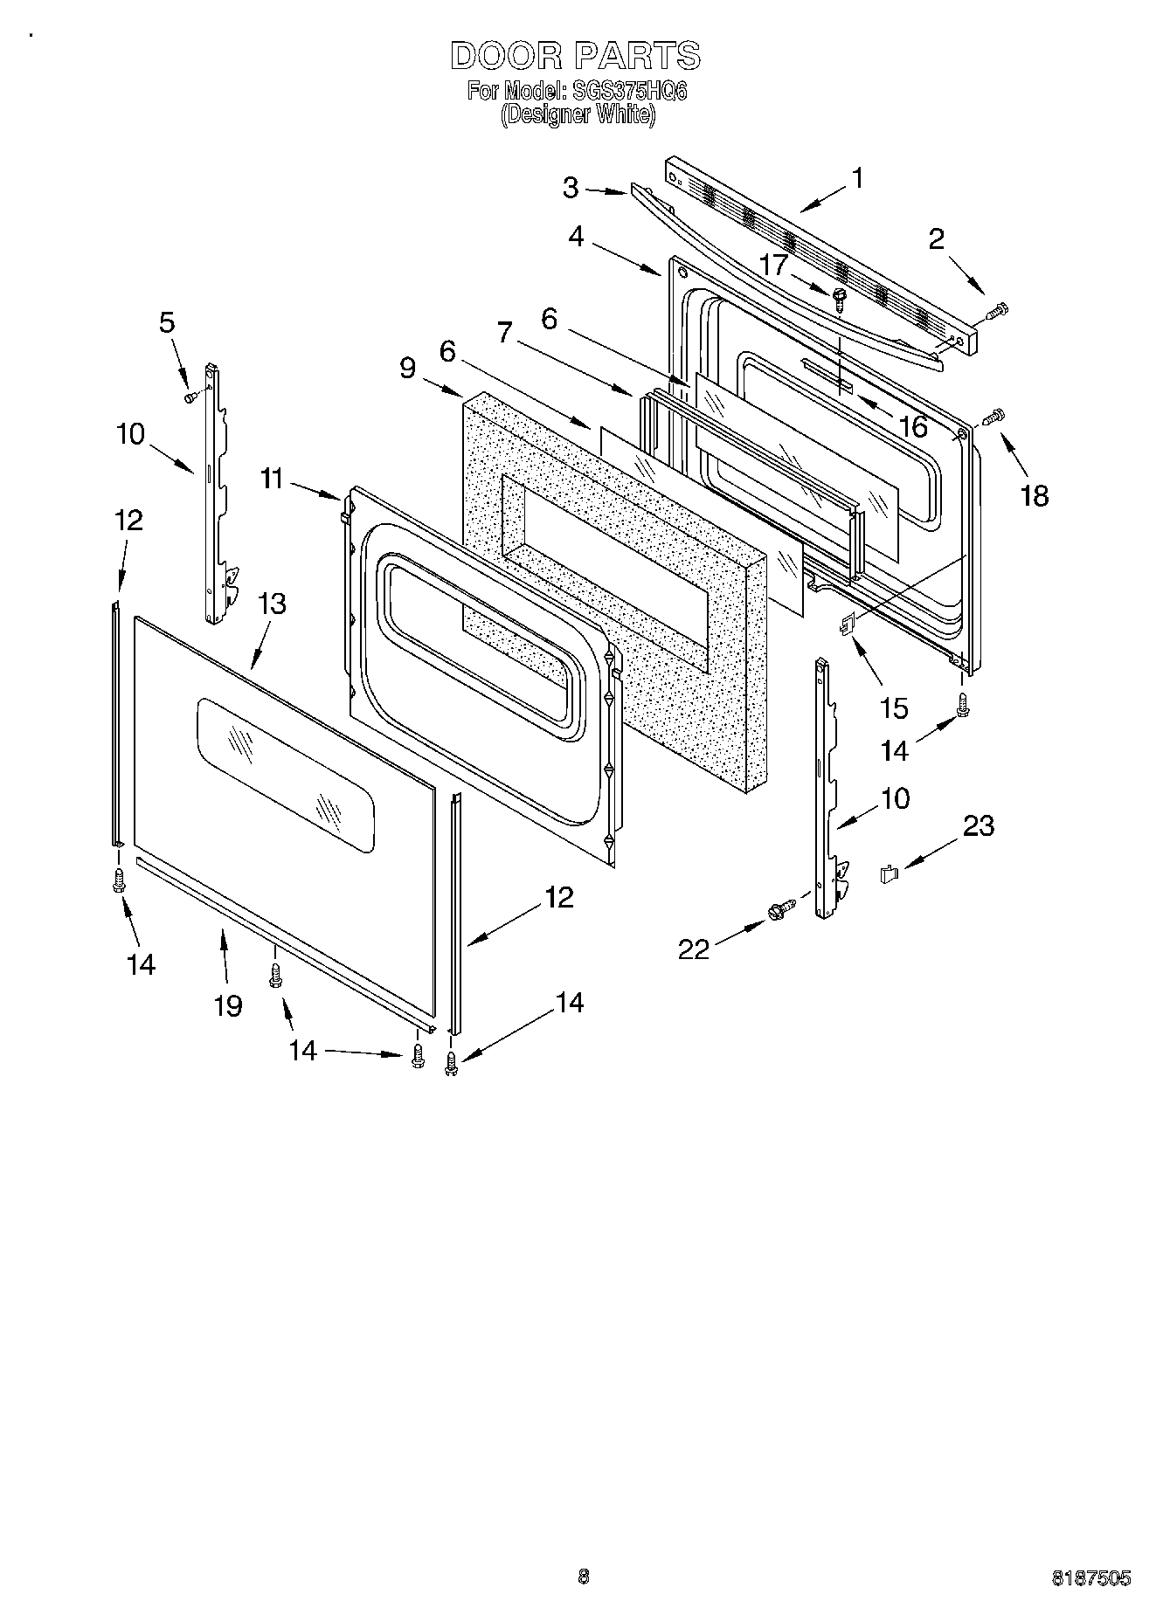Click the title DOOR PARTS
click(575, 56)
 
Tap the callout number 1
click(858, 178)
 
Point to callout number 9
click(407, 368)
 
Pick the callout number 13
click(272, 604)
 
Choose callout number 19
click(228, 1005)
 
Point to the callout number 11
click(272, 479)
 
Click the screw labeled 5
click(191, 397)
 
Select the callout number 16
click(913, 427)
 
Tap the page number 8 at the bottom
click(584, 1577)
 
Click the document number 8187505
click(1090, 1577)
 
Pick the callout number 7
click(503, 333)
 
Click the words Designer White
click(577, 114)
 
